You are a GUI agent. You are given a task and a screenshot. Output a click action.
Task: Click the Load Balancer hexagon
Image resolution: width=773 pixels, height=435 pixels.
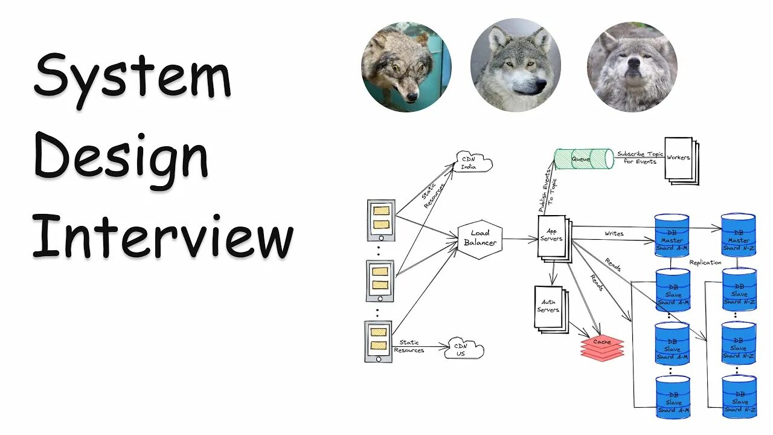pyautogui.click(x=480, y=238)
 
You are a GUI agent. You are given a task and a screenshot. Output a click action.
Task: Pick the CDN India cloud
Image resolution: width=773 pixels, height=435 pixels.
pyautogui.click(x=473, y=162)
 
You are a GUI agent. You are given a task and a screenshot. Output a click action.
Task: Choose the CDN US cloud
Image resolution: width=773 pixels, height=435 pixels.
pyautogui.click(x=464, y=349)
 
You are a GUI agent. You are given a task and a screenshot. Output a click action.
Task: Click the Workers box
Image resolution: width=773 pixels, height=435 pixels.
pyautogui.click(x=679, y=159)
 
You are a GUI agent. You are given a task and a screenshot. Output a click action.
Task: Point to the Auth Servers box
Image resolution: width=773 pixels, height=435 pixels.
pyautogui.click(x=548, y=306)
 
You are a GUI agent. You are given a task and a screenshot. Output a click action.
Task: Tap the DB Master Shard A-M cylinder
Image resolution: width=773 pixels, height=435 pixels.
pyautogui.click(x=672, y=236)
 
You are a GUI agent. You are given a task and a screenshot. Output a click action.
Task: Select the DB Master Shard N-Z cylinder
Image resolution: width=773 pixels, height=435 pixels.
pyautogui.click(x=738, y=236)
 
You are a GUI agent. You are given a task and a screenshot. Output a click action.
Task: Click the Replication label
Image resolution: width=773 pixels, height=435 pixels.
pyautogui.click(x=705, y=262)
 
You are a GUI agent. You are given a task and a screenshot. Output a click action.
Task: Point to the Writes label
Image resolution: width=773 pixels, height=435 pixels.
pyautogui.click(x=614, y=233)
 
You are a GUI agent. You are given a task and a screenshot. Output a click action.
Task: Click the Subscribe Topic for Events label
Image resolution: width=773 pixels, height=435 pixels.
pyautogui.click(x=640, y=158)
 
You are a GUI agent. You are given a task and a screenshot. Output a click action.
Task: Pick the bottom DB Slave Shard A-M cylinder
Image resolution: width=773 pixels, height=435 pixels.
pyautogui.click(x=673, y=398)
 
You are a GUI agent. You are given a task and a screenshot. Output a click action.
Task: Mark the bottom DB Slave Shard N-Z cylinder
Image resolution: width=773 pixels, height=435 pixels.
pyautogui.click(x=739, y=397)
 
